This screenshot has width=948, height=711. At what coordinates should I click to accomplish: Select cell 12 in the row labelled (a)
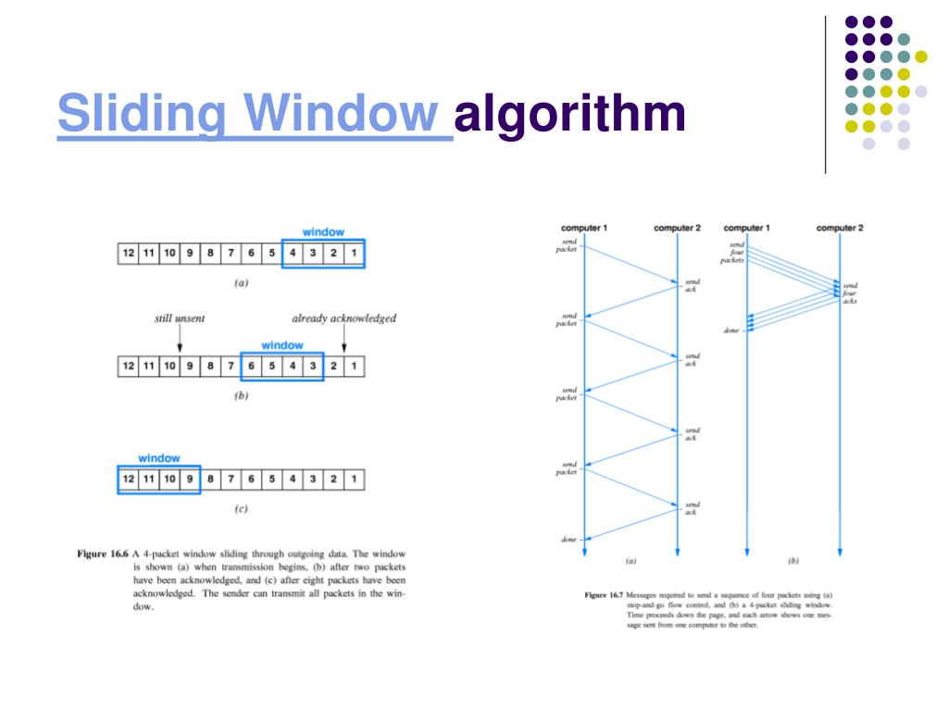click(x=128, y=253)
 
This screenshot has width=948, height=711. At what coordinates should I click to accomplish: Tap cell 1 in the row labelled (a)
click(x=353, y=253)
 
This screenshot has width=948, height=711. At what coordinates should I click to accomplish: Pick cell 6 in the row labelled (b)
click(x=251, y=366)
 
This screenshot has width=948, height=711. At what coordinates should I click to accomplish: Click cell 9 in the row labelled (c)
click(x=189, y=480)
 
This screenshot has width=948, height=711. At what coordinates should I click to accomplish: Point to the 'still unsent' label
click(x=180, y=318)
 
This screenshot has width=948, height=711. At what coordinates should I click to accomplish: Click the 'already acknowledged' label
click(x=343, y=318)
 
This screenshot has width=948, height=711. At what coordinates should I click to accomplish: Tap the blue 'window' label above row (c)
click(x=159, y=458)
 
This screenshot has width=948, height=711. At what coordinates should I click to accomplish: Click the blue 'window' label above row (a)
click(x=323, y=231)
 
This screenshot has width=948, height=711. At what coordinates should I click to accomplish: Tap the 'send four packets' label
click(x=734, y=253)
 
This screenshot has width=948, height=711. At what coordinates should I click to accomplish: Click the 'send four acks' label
click(x=850, y=293)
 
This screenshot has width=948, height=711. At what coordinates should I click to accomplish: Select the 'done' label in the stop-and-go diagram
click(x=568, y=539)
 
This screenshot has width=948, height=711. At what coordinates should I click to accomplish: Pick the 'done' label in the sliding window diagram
click(x=731, y=331)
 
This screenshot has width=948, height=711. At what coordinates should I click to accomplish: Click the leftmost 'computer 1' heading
click(x=584, y=228)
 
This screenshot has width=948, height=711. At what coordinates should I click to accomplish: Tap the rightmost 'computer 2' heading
click(x=840, y=228)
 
